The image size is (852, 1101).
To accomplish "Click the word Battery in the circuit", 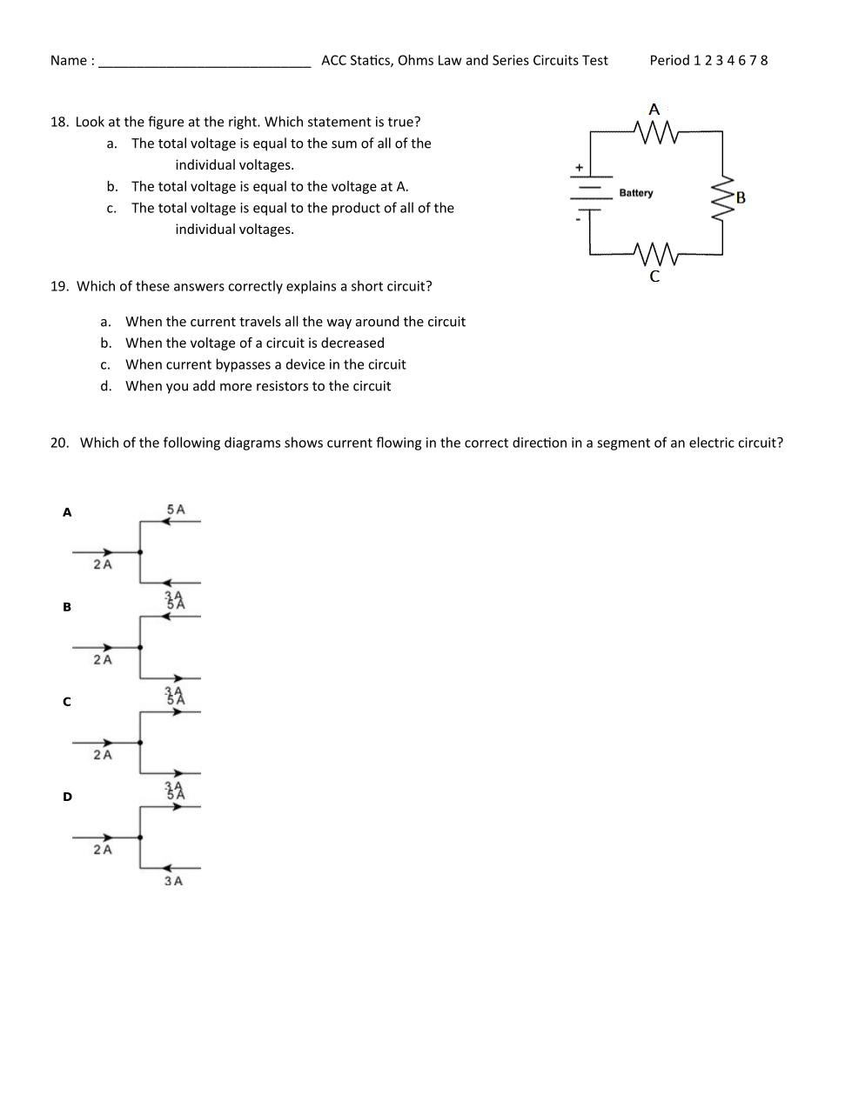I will (x=635, y=193).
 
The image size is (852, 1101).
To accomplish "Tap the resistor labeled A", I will (x=655, y=132).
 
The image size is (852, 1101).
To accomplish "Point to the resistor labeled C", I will (x=655, y=254).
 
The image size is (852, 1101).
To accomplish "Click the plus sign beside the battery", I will (x=579, y=167).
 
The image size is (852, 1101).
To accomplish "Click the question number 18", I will (x=59, y=122).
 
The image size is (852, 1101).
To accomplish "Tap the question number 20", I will (x=59, y=443).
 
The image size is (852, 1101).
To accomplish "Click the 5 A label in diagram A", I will (x=176, y=510).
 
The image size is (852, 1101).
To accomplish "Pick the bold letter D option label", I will (x=67, y=797).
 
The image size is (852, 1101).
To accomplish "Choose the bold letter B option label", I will (x=67, y=607).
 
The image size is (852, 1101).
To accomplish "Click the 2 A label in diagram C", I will (x=103, y=755).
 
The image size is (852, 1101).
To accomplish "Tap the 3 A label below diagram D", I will (x=173, y=881).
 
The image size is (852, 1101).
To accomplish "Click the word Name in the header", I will (x=68, y=61).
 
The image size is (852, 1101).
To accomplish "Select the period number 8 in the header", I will (x=764, y=61).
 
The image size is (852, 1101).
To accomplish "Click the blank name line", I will (x=205, y=63).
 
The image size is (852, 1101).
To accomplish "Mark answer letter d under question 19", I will (x=106, y=386).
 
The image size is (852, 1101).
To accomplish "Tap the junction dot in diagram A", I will (x=140, y=551).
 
